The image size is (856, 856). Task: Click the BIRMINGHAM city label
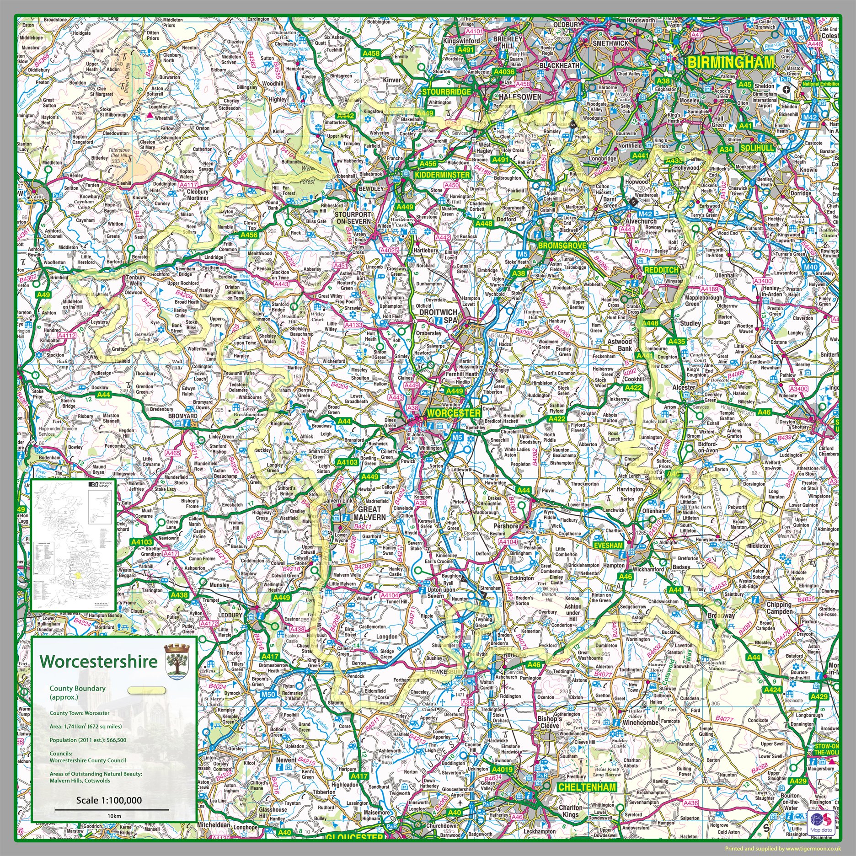731,63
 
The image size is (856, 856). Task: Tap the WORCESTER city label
453,413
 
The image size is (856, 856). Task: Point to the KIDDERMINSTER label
442,175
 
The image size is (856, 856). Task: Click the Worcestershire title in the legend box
98,661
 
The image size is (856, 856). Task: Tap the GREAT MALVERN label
369,513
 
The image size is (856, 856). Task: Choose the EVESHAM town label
608,546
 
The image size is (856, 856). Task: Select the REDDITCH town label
661,270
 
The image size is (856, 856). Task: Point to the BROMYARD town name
170,417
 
